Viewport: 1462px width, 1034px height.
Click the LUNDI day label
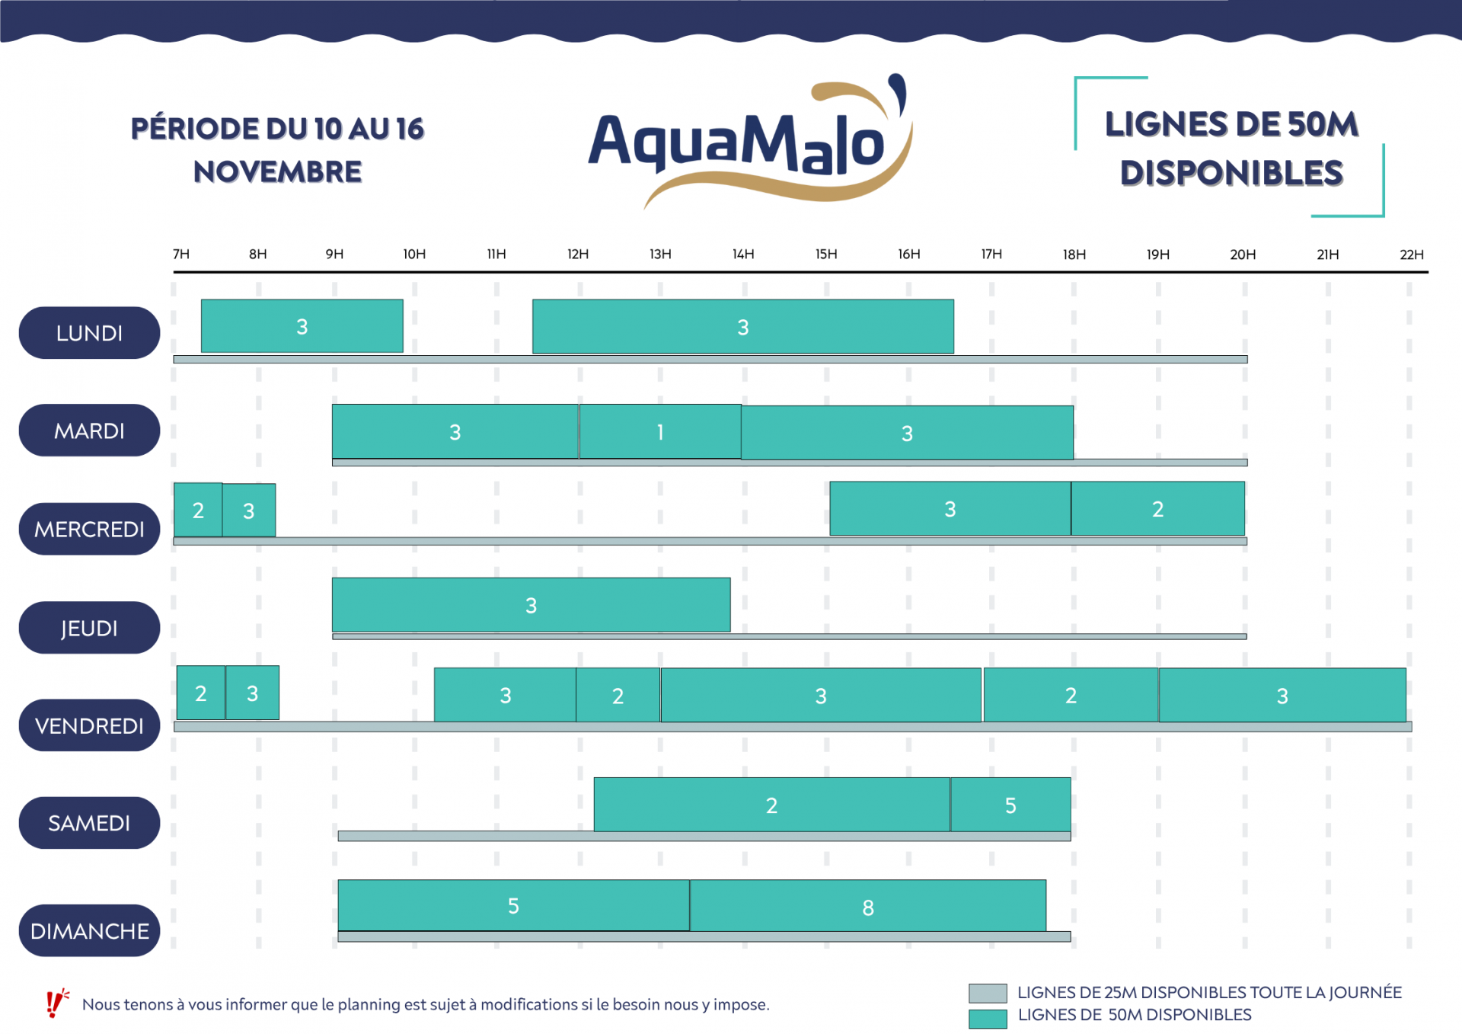click(89, 333)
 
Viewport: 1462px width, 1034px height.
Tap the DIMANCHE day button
click(89, 930)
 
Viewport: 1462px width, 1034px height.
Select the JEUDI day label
click(89, 628)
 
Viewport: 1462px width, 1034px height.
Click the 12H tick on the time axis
click(578, 254)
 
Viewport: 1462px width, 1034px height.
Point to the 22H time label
click(1411, 254)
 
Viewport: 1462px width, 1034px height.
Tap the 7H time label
click(181, 254)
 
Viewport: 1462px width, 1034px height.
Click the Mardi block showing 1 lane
click(660, 432)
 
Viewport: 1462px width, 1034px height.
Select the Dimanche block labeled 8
click(867, 907)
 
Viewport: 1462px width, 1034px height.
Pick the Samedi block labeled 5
click(1010, 805)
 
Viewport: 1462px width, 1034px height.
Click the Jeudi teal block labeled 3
click(531, 605)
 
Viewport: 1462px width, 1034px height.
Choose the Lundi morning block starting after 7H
click(302, 326)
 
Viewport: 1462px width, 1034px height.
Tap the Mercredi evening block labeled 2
click(1157, 509)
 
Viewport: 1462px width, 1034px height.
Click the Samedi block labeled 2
click(771, 805)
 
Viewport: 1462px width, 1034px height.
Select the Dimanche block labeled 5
click(513, 905)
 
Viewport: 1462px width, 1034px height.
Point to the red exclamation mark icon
click(55, 1004)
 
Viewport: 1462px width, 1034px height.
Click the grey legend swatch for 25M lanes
click(988, 993)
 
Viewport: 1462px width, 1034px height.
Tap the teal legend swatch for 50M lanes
click(988, 1018)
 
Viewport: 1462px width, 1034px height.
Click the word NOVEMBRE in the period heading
click(277, 172)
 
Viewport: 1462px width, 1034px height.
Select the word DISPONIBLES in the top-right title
click(1231, 174)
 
